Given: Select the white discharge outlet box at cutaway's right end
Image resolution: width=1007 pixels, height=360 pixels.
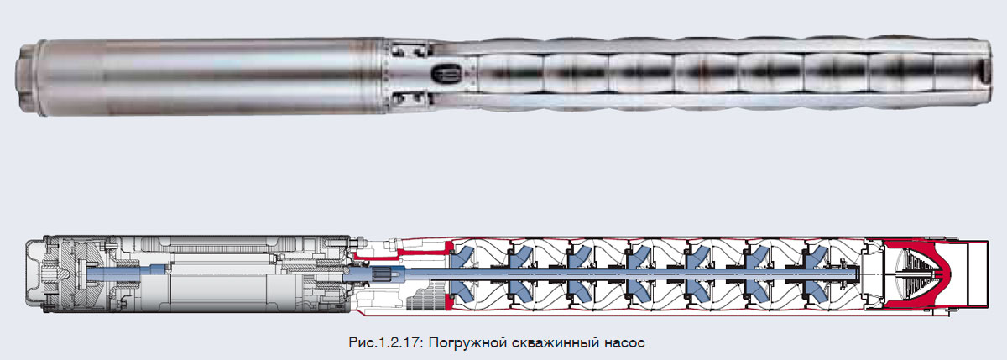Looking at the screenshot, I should click(978, 274).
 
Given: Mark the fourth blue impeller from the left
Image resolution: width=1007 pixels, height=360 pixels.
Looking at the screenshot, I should click(639, 274).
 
